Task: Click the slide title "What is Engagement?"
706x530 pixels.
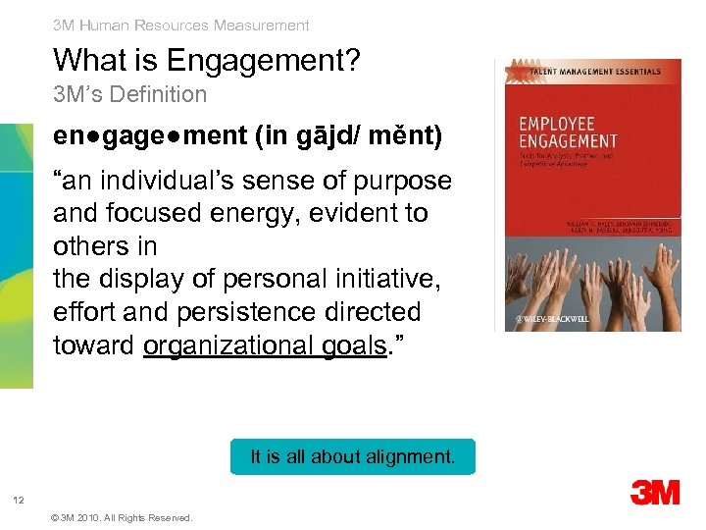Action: click(x=207, y=61)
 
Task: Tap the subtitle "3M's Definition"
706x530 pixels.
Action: click(x=129, y=95)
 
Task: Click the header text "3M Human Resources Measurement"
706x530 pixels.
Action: click(x=180, y=26)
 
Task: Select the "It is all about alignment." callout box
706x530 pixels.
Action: click(x=352, y=456)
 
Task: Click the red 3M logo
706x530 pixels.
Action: click(x=655, y=491)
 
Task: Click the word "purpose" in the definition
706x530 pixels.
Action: click(x=406, y=182)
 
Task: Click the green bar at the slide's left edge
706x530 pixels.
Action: click(x=16, y=255)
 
